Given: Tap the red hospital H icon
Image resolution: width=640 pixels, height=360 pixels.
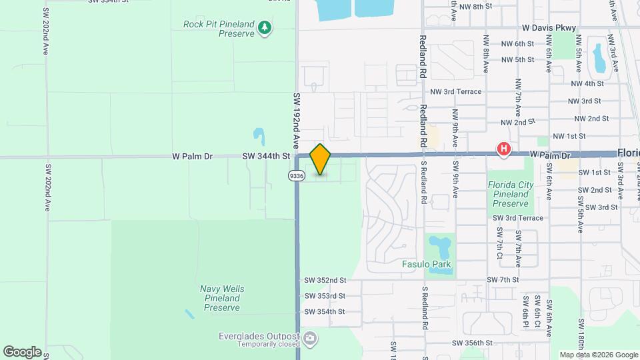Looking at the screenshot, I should [x=504, y=149].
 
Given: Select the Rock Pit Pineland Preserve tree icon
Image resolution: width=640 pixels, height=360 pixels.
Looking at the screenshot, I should [x=266, y=28].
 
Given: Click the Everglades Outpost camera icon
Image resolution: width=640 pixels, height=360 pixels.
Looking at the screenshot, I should [x=310, y=339].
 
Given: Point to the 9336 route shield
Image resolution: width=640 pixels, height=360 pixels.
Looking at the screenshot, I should [x=297, y=175].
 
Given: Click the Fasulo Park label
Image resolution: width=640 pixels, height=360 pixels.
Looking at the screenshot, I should [x=426, y=264].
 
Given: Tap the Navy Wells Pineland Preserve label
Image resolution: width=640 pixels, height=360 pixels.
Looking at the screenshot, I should [x=222, y=298].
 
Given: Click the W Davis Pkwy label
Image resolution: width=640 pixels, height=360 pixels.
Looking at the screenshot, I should [x=549, y=28].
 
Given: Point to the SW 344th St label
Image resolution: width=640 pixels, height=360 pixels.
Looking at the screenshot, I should [x=266, y=156].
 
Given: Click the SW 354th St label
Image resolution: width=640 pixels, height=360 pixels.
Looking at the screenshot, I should [x=325, y=311].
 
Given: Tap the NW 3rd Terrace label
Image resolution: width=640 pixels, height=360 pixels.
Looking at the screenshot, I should [x=455, y=91].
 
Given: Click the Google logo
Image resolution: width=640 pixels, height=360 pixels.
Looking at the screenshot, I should [x=21, y=351].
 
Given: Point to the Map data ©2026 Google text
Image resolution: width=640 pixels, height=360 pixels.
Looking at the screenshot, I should [x=598, y=355].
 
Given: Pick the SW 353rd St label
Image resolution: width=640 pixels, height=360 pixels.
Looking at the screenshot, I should [x=325, y=296].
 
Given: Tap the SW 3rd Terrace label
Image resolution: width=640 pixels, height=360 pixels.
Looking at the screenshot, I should [x=518, y=218].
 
